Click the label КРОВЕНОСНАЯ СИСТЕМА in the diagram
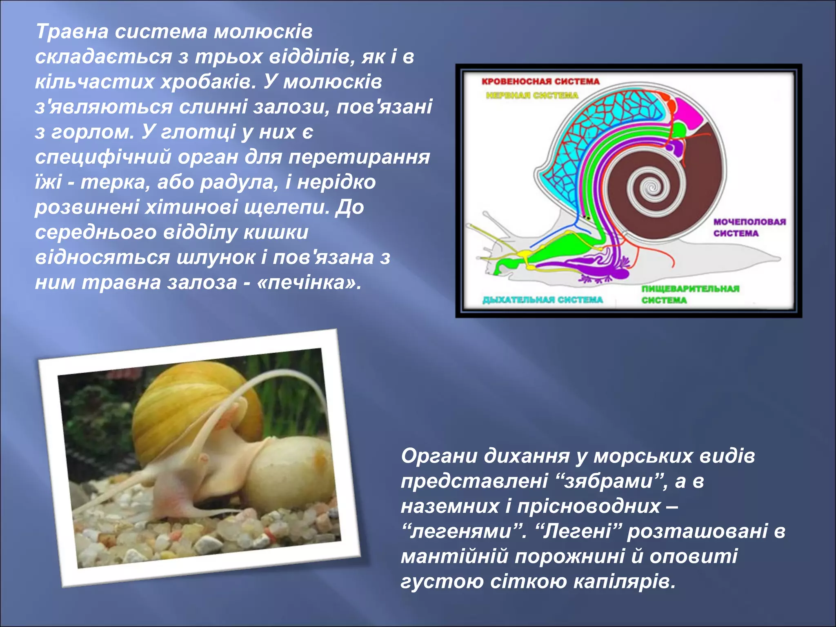[540, 82]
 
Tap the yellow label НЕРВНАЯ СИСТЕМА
[532, 96]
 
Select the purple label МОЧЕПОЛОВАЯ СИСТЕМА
[749, 227]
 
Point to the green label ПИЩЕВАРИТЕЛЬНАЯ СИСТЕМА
[690, 294]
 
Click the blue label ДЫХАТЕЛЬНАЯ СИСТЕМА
[543, 300]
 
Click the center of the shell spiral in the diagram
[652, 188]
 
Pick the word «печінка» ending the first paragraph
[309, 282]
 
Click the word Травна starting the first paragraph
[71, 31]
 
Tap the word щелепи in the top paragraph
[287, 207]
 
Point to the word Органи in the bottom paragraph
[439, 456]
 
